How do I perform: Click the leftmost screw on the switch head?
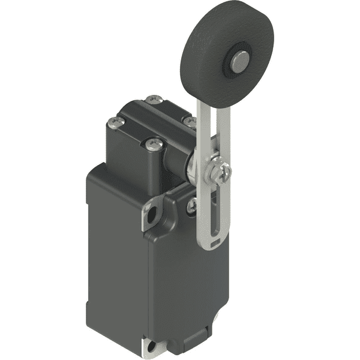coord(115,124)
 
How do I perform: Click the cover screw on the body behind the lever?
coord(191,205)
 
